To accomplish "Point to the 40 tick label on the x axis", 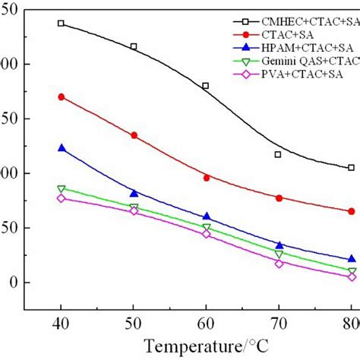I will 61,324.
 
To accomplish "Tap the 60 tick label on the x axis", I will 206,324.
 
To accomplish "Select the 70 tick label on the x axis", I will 279,324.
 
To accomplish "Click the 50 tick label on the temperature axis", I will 134,324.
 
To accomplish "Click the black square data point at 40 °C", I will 61,24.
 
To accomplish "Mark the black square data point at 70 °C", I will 279,154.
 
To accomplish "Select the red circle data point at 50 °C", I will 134,135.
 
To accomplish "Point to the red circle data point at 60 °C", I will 206,178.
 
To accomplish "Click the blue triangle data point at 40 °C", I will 61,148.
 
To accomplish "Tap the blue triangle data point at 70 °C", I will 279,245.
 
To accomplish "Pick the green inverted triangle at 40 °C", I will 61,188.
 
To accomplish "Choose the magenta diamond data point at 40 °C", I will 61,198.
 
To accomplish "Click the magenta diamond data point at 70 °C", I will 279,264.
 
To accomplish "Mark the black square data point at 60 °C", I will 206,86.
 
